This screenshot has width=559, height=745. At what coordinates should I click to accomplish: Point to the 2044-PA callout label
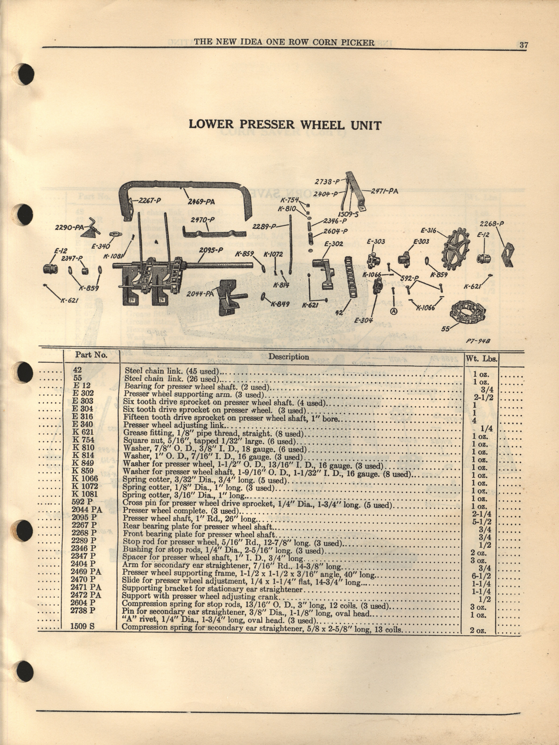[x=201, y=294]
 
